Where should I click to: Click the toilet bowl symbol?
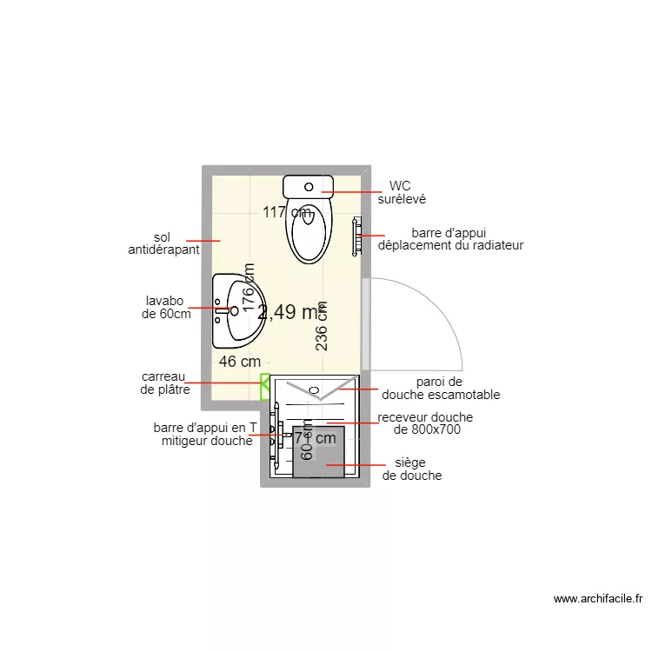309,231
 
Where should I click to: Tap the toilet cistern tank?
309,185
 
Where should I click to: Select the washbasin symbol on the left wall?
235,309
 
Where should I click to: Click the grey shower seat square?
318,452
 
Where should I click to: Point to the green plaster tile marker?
264,387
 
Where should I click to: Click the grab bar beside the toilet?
356,236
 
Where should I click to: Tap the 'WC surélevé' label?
401,192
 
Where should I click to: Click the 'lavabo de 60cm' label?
166,308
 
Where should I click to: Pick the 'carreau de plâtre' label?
164,383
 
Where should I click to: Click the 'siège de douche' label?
412,469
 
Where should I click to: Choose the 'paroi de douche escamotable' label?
447,388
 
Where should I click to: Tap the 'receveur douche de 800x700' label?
426,423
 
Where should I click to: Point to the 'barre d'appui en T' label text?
205,428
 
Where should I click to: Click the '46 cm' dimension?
240,361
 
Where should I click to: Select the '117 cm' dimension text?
288,211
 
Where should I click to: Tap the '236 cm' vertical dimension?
322,326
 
